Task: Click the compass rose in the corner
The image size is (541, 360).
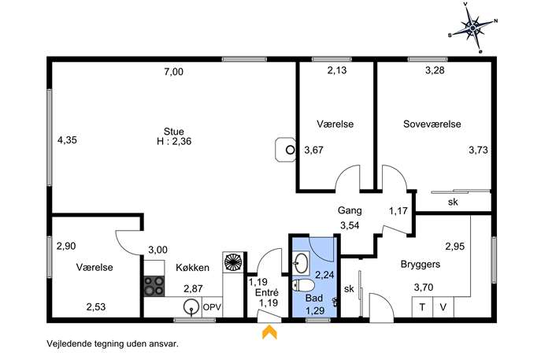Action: tap(473, 28)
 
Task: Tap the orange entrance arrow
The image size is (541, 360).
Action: tap(269, 332)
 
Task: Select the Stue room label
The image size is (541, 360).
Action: tap(174, 132)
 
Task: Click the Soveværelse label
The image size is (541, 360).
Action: tap(432, 124)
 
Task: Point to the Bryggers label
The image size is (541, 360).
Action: tap(421, 265)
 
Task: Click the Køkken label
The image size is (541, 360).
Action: tap(192, 268)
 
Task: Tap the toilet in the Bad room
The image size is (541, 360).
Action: tap(303, 285)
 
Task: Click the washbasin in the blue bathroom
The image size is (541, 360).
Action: tap(301, 262)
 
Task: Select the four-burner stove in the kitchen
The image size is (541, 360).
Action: tap(154, 286)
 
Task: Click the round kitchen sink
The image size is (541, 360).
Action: tap(191, 307)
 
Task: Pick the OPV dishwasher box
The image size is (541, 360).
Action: tap(212, 307)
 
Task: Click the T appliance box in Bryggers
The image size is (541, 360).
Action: tap(422, 307)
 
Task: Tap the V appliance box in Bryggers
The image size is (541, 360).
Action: tap(443, 307)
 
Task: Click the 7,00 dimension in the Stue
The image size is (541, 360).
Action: tap(173, 72)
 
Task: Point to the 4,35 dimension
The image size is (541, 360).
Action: tap(67, 140)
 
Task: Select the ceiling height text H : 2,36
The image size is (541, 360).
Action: tap(174, 141)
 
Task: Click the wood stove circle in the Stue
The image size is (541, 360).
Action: tap(291, 150)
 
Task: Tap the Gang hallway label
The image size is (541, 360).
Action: tap(350, 210)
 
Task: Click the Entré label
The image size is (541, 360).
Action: tap(267, 292)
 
